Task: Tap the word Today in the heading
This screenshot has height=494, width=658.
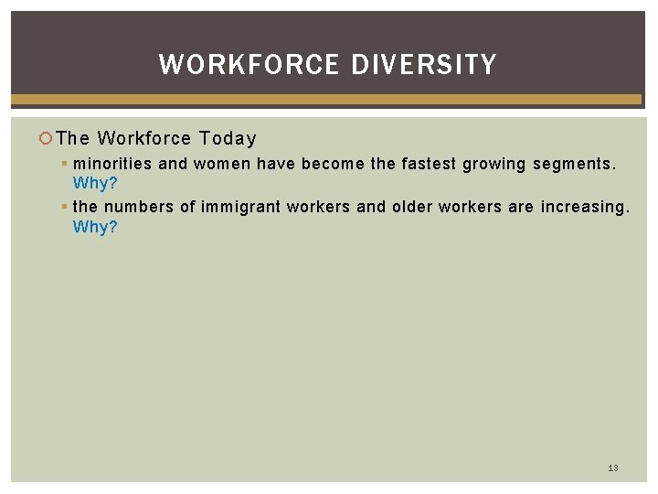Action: click(x=228, y=138)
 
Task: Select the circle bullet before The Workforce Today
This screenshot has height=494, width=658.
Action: click(x=47, y=139)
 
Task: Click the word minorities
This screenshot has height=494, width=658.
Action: click(x=113, y=165)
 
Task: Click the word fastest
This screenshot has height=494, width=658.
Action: click(x=430, y=165)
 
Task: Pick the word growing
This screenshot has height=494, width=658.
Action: click(x=494, y=165)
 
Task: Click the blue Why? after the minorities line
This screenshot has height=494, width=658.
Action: click(x=95, y=184)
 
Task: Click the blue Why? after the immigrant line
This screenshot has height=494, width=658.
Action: click(x=95, y=227)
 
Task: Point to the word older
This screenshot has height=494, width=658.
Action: click(x=412, y=207)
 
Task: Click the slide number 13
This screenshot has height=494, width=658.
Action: click(x=613, y=467)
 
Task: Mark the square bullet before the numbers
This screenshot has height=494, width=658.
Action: click(x=66, y=208)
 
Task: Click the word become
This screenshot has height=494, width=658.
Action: click(x=334, y=165)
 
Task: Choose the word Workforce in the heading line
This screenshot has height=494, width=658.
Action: click(x=144, y=138)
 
